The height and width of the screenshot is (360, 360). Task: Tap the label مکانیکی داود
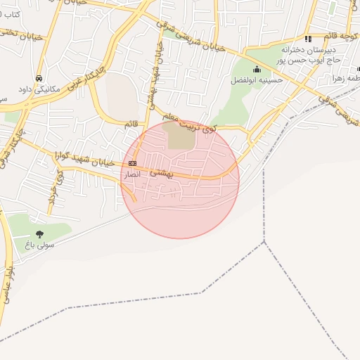39,89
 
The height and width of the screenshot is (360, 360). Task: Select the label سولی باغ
39,245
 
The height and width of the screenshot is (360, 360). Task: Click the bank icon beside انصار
132,162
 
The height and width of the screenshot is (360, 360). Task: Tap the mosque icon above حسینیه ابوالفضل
257,69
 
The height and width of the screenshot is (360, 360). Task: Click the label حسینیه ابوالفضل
257,80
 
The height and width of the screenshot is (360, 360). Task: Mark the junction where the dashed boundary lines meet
264,242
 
